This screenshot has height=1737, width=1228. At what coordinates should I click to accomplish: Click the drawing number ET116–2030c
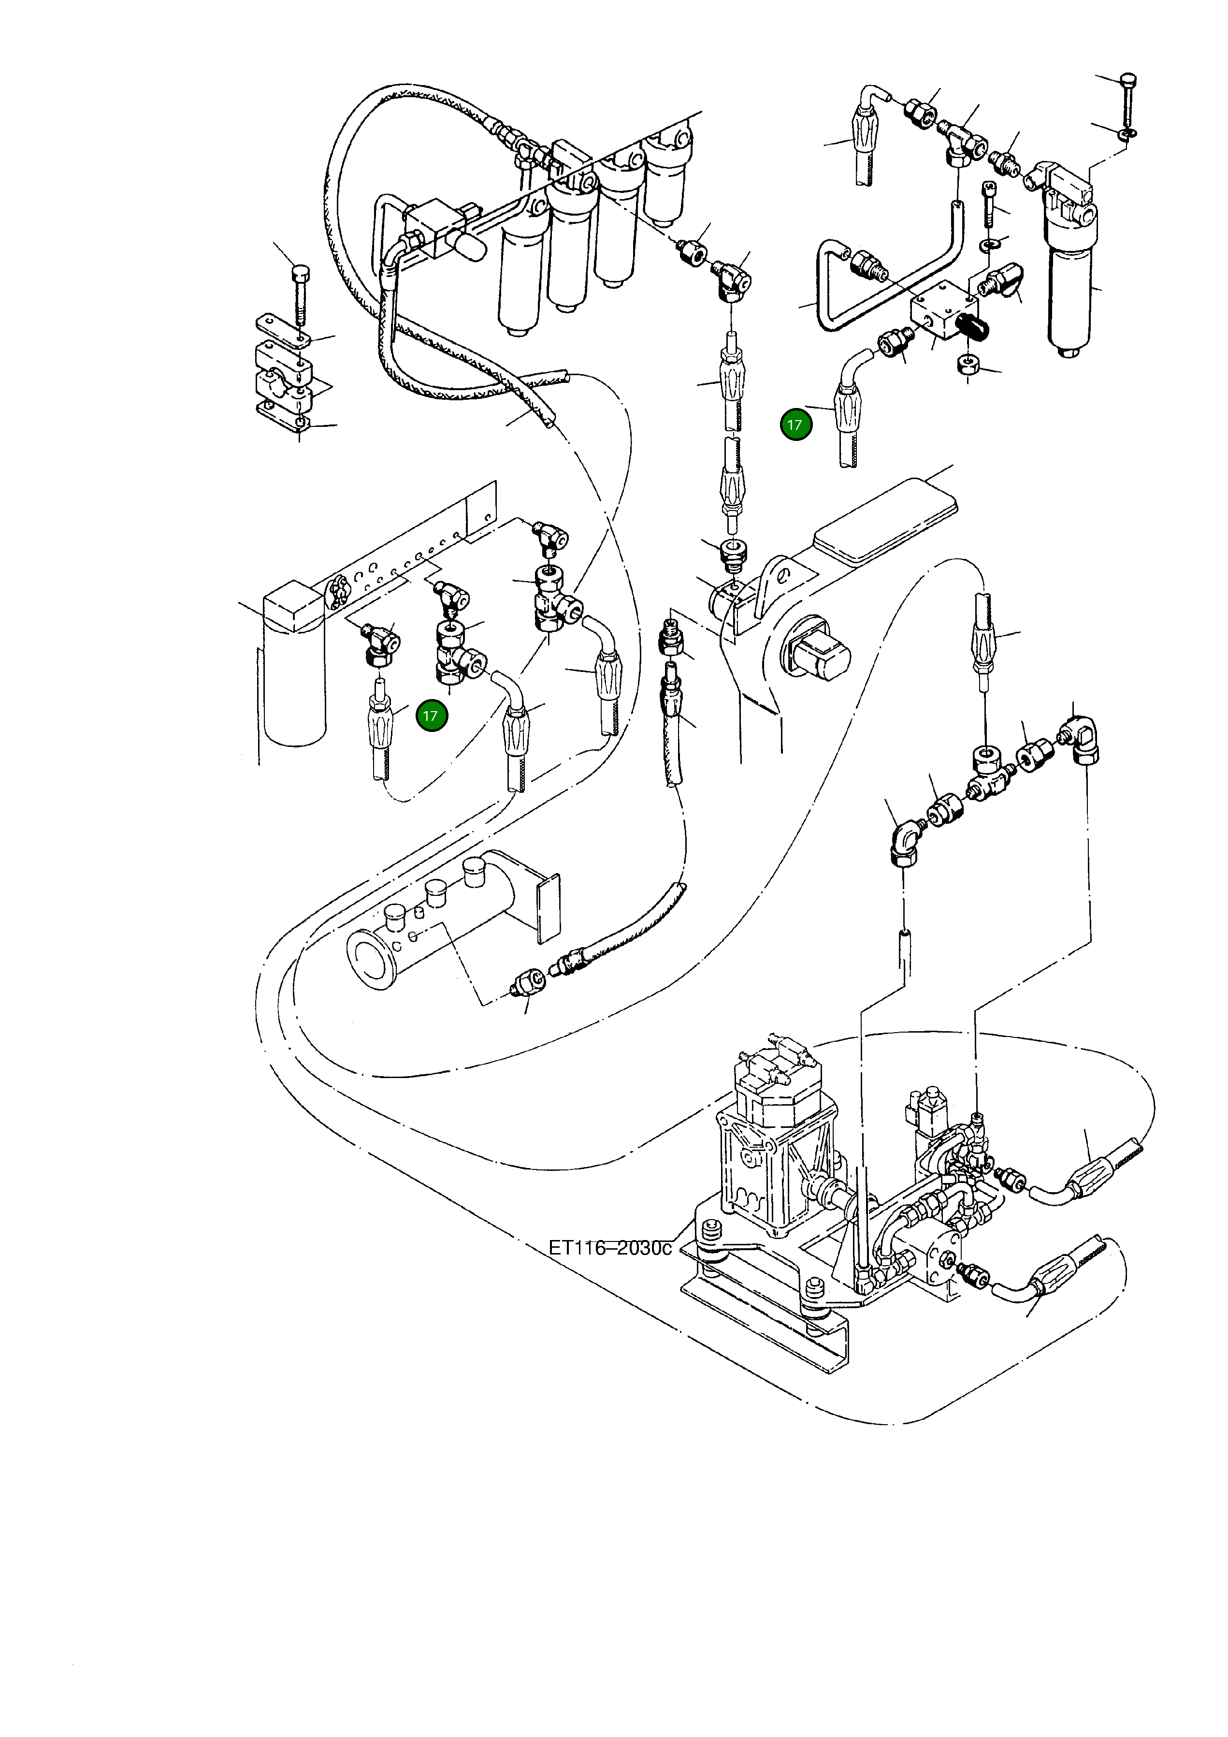coord(609,1248)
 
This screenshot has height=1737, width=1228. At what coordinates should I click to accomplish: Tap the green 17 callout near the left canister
coord(431,715)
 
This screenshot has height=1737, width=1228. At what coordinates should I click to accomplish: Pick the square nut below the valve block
coord(967,364)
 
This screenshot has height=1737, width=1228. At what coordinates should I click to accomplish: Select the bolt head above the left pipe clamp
coord(300,271)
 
